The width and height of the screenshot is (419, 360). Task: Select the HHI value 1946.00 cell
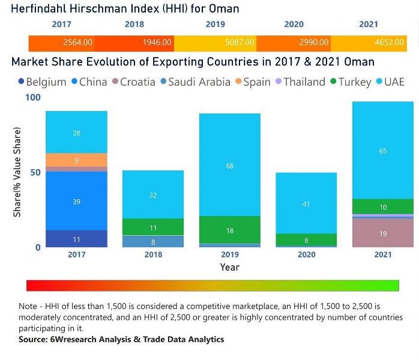(x=157, y=43)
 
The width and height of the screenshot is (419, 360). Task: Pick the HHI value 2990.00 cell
(x=314, y=43)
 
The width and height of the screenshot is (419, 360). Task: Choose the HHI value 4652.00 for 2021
(x=391, y=43)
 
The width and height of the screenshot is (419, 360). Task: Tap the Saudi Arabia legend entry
(x=195, y=82)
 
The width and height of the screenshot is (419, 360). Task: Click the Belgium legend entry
(x=42, y=82)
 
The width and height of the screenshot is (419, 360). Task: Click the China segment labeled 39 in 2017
(x=76, y=201)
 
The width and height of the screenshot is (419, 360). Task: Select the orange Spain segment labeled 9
(x=76, y=160)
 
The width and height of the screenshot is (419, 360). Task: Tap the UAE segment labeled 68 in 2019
(x=230, y=165)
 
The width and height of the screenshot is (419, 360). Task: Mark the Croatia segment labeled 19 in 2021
(x=383, y=233)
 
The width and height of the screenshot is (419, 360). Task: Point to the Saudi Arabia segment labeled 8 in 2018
(x=153, y=242)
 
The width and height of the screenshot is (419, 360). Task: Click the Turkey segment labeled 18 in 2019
(x=230, y=230)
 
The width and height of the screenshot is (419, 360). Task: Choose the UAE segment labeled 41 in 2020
(x=307, y=203)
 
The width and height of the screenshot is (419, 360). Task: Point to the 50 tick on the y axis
(x=35, y=172)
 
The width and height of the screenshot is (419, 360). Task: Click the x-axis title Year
(x=229, y=267)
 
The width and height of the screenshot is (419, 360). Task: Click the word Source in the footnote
(x=34, y=340)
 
